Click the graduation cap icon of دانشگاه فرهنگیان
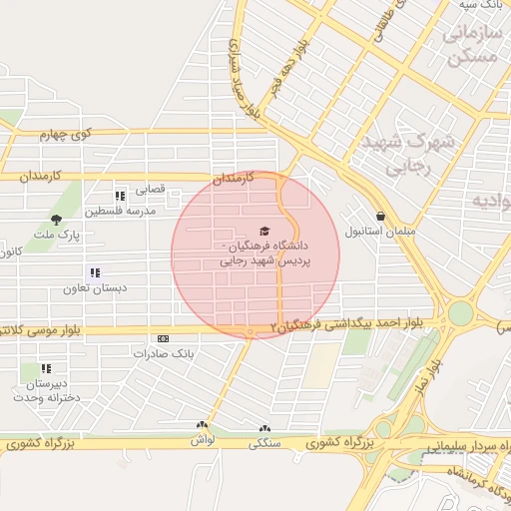(263, 231)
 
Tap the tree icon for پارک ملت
(56, 220)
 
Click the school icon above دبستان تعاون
(95, 272)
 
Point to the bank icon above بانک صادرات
(164, 339)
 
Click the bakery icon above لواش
(202, 426)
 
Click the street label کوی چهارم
(66, 134)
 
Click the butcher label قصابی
(151, 189)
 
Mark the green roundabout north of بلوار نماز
(459, 313)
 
